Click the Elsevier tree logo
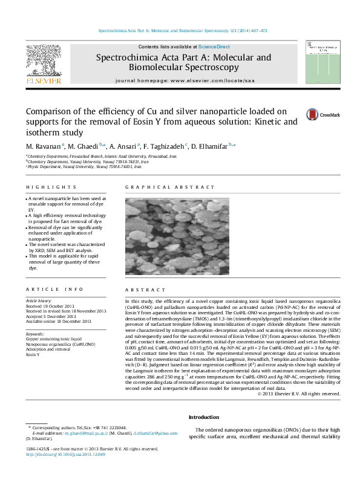click(43, 60)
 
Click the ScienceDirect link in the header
click(214, 47)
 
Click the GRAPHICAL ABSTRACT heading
click(157, 188)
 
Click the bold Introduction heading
click(204, 418)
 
